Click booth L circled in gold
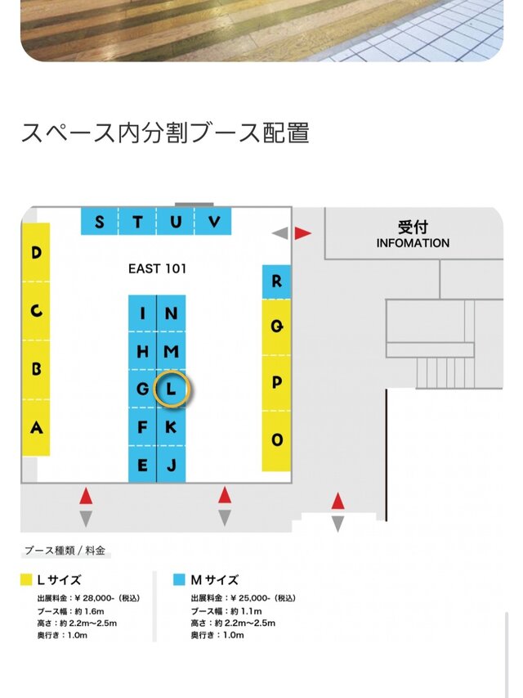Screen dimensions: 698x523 pyautogui.click(x=171, y=390)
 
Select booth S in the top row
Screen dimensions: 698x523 pyautogui.click(x=100, y=222)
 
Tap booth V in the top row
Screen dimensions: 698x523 pyautogui.click(x=215, y=222)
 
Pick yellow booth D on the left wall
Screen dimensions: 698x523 pyautogui.click(x=36, y=253)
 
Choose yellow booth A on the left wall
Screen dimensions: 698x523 pyautogui.click(x=36, y=426)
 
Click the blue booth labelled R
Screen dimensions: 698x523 pyautogui.click(x=277, y=281)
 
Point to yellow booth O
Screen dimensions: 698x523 pyautogui.click(x=277, y=440)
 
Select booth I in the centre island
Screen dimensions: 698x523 pyautogui.click(x=143, y=313)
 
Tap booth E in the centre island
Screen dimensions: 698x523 pyautogui.click(x=143, y=466)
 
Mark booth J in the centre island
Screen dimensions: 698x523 pyautogui.click(x=171, y=466)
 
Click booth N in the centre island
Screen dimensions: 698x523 pyautogui.click(x=171, y=313)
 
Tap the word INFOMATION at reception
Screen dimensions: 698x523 pyautogui.click(x=413, y=243)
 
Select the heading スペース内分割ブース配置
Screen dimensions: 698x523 pyautogui.click(x=165, y=133)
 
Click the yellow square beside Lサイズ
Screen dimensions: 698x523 pyautogui.click(x=26, y=580)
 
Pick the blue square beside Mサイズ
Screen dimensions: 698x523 pyautogui.click(x=179, y=580)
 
